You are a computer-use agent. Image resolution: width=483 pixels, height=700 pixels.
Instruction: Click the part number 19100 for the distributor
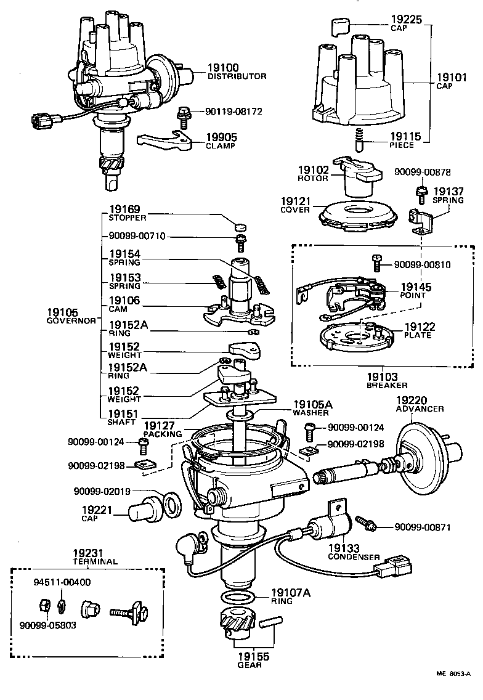[222, 68]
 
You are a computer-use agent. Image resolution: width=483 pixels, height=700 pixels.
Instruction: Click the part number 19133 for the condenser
[344, 548]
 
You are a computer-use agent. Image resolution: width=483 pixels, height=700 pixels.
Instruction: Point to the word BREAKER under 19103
[382, 385]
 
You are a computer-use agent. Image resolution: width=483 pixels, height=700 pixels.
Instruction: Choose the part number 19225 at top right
[408, 20]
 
